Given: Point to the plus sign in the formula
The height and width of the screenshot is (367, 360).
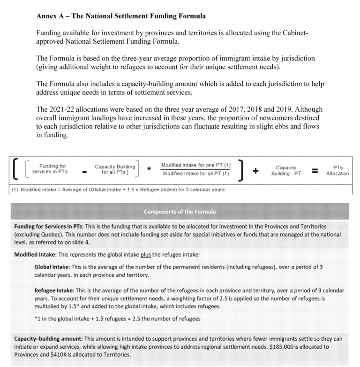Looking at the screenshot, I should (256, 171).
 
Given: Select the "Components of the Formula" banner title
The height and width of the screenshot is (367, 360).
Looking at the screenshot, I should (180, 211).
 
